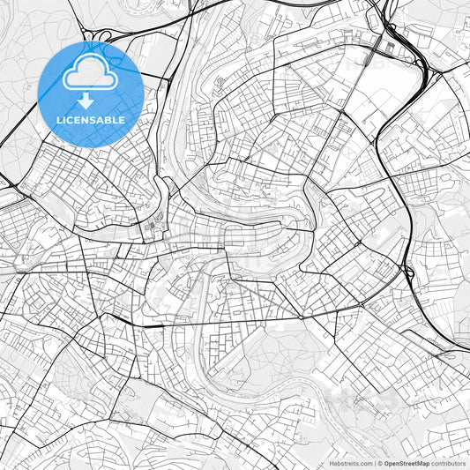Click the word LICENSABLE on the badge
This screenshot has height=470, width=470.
[92, 120]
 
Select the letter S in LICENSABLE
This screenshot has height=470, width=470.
[99, 120]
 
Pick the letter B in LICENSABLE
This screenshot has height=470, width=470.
[114, 120]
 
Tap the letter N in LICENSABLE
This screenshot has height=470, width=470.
[90, 120]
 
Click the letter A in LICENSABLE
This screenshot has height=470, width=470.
[106, 120]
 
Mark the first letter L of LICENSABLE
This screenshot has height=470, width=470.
[60, 120]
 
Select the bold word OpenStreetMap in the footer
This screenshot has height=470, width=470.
[404, 463]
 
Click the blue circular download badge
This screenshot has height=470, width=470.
[92, 93]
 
